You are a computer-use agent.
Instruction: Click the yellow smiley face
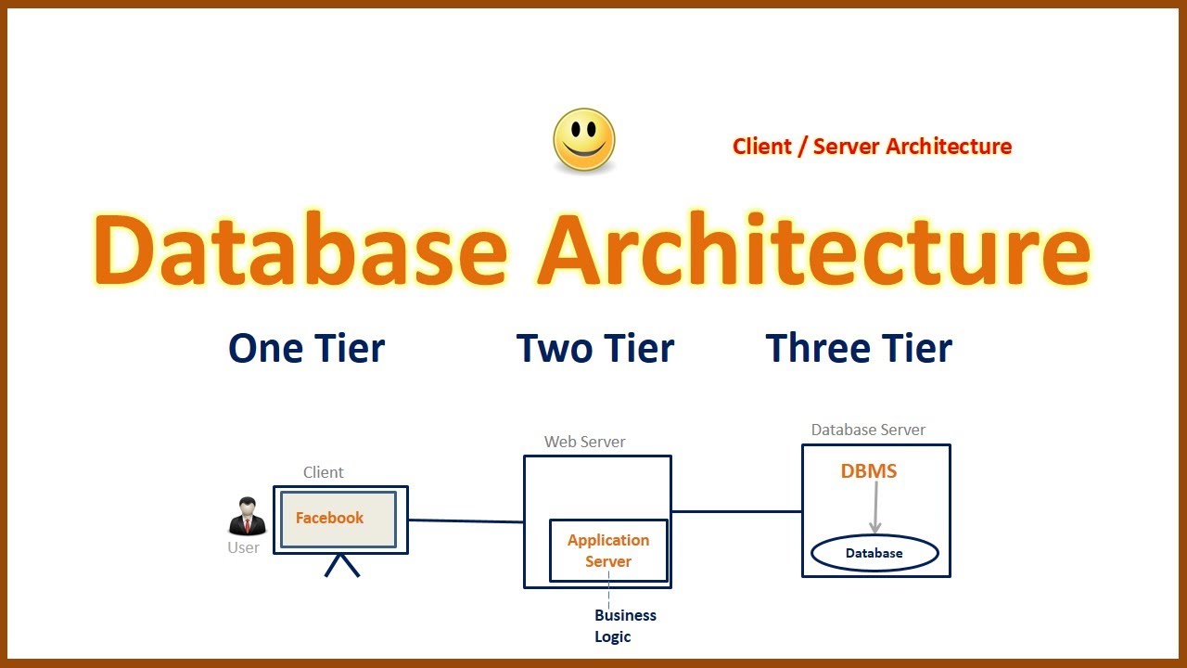584,140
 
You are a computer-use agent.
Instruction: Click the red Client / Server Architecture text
872,147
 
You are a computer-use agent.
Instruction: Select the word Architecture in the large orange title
813,251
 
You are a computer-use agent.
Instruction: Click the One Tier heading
306,349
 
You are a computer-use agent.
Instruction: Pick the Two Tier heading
594,349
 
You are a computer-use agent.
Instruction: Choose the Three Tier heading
859,349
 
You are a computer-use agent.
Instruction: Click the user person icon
247,517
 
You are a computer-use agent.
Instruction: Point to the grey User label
244,547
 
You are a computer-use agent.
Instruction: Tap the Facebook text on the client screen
329,518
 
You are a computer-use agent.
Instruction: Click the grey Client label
323,472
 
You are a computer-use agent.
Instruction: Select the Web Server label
584,442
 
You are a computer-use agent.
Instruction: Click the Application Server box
608,550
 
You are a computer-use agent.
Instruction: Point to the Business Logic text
625,625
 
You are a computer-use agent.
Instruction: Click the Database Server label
868,430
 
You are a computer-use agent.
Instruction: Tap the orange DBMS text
869,471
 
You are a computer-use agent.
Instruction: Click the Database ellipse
874,553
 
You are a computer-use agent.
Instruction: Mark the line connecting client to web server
466,521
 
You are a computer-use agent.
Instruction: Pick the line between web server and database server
736,511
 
